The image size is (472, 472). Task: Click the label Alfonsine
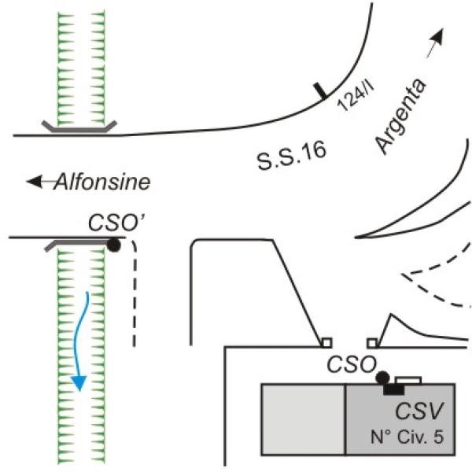[x=101, y=183]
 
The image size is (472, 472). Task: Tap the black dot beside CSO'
[x=114, y=245]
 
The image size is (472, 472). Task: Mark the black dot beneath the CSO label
[x=382, y=378]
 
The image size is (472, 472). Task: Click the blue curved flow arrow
[x=82, y=338]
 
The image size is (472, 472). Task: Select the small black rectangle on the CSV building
[x=393, y=389]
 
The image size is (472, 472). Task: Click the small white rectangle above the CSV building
[x=407, y=381]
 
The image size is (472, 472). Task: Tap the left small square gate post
[x=326, y=342]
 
